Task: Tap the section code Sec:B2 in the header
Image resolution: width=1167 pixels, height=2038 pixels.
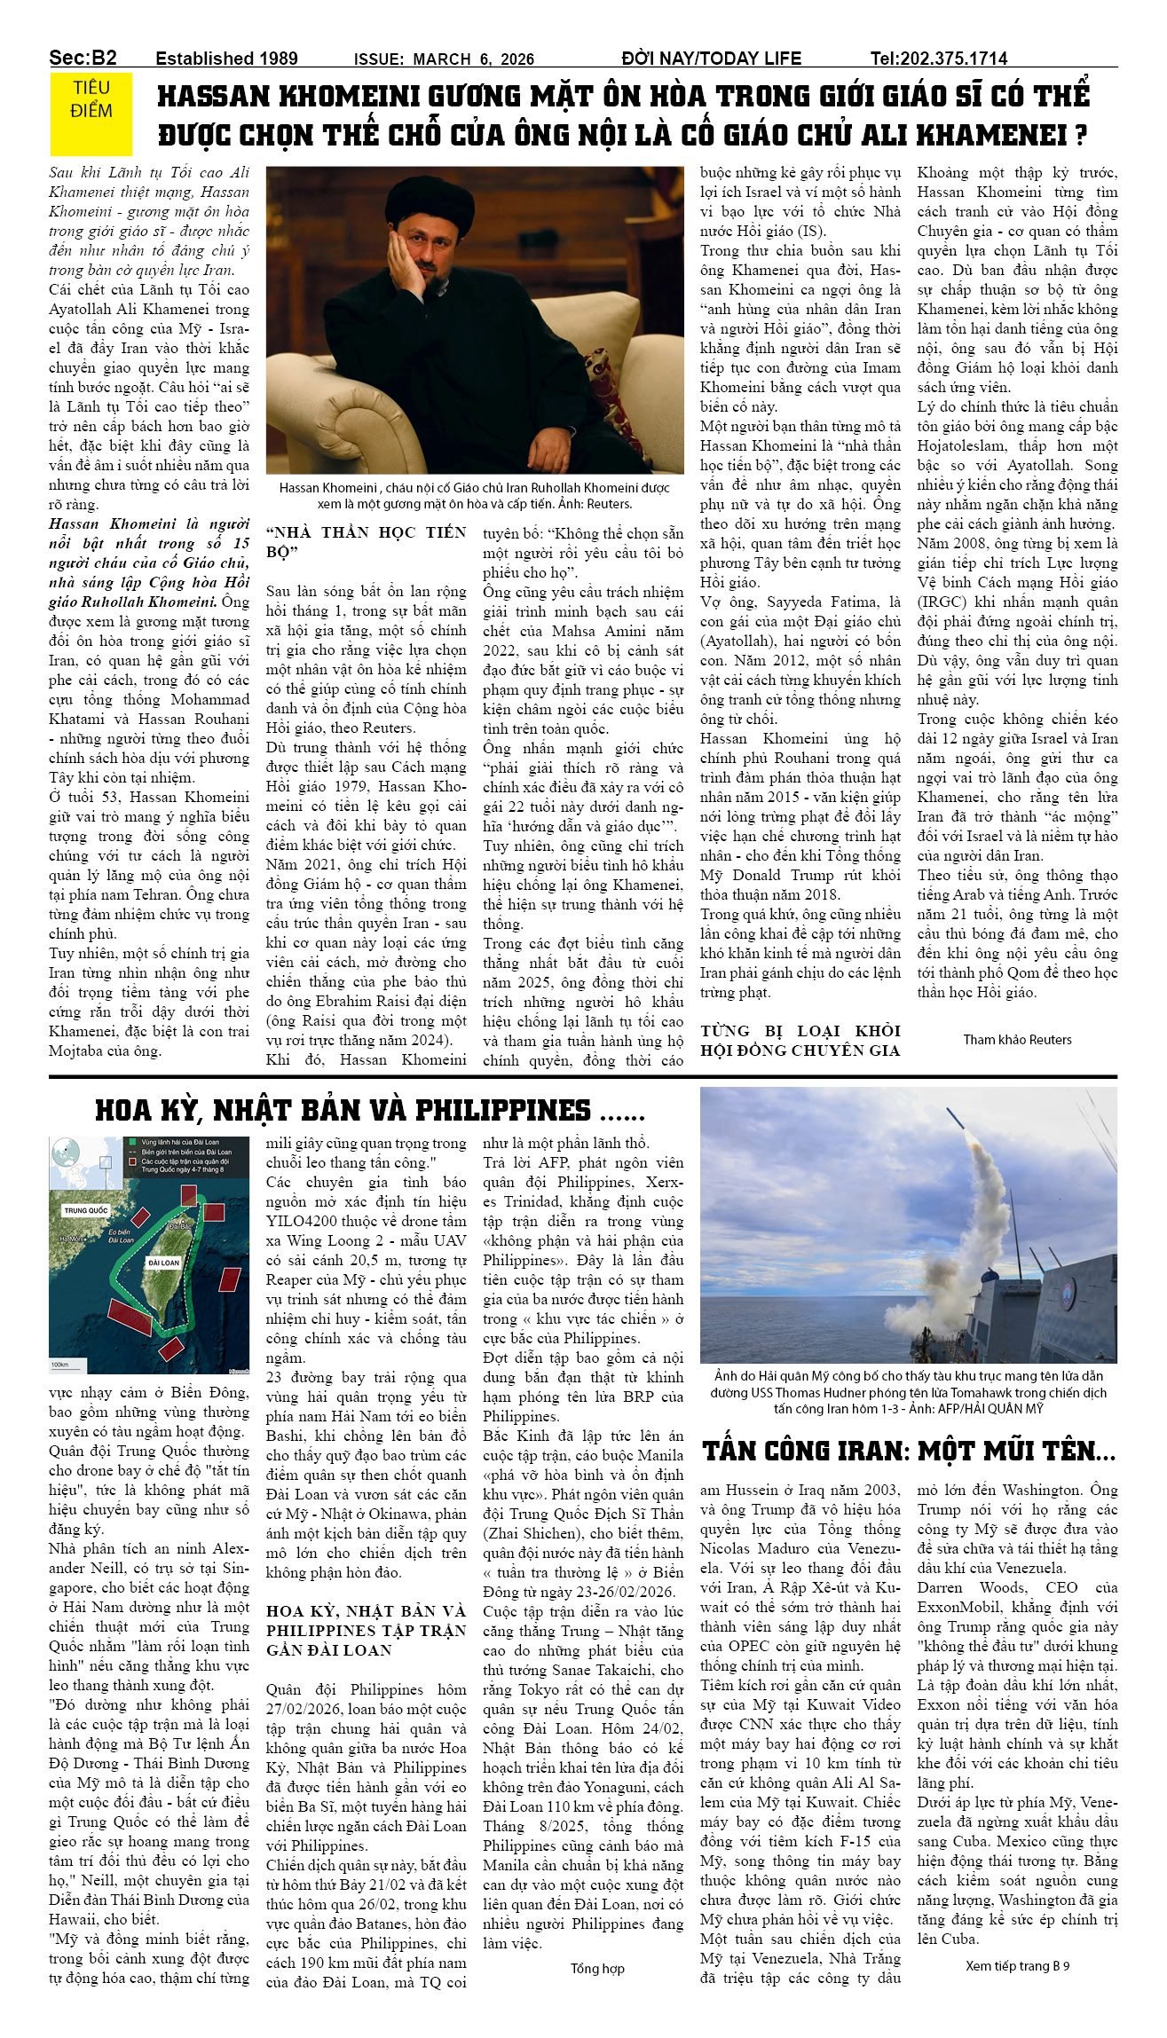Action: pos(83,59)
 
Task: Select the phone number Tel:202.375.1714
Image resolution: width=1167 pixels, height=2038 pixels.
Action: pos(938,59)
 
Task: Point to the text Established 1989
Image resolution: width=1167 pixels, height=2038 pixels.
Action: pos(226,59)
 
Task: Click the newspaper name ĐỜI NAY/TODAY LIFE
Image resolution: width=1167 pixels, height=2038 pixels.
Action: pos(711,59)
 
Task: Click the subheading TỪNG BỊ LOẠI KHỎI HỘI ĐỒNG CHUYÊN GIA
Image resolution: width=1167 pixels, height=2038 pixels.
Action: pos(800,1040)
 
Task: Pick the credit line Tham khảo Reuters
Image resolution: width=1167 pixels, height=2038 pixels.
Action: pos(1017,1039)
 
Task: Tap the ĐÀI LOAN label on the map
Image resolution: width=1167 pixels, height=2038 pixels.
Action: pos(163,1262)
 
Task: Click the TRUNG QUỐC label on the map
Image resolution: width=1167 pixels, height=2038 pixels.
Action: pos(86,1210)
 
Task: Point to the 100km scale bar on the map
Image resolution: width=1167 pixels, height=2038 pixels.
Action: pos(60,1363)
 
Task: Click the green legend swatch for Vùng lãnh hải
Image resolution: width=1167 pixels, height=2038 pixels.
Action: pos(133,1142)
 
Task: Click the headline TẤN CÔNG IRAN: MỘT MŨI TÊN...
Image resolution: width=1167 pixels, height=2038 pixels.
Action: pos(908,1452)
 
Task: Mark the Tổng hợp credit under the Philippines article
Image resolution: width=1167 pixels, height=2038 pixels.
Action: pos(597,1968)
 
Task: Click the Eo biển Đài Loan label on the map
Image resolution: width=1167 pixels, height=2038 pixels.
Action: pos(121,1235)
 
